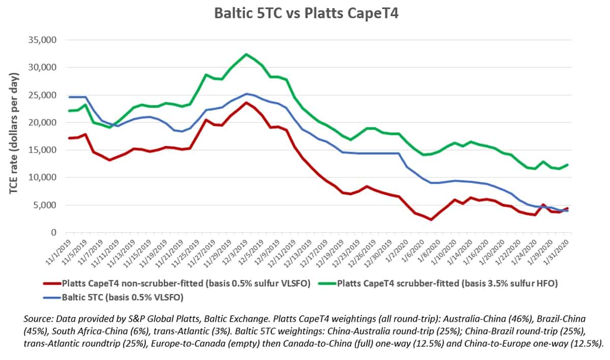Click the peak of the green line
point(246,54)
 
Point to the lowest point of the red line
point(431,220)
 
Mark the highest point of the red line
point(246,103)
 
